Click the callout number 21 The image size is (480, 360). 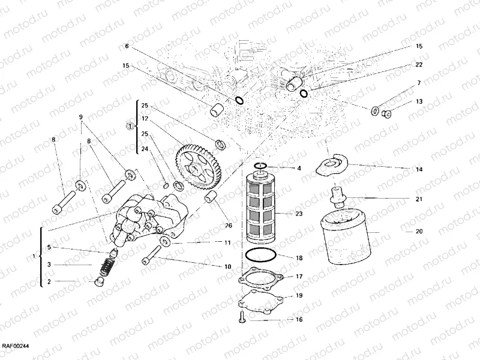click(419, 199)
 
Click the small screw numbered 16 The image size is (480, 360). click(241, 316)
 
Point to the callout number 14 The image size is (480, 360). click(419, 170)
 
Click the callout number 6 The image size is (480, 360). click(127, 46)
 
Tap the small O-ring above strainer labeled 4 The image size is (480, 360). click(260, 166)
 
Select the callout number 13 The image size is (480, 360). click(419, 101)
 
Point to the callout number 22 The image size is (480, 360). click(419, 65)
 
